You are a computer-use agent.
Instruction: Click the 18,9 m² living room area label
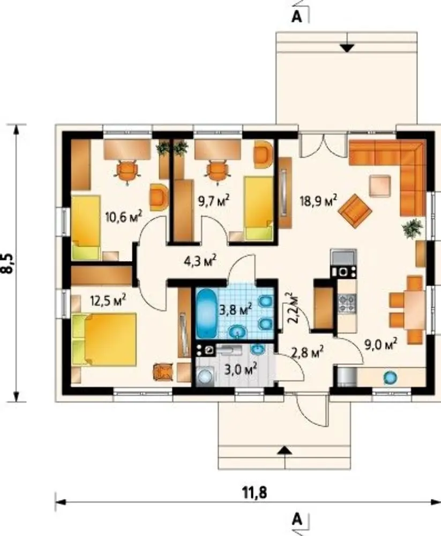coord(319,200)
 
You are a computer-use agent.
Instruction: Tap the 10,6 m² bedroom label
coord(123,217)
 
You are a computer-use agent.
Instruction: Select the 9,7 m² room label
coord(214,200)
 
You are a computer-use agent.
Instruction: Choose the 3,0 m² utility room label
coord(240,369)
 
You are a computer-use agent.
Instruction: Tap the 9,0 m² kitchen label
coord(380,344)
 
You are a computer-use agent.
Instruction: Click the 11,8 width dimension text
coord(255,493)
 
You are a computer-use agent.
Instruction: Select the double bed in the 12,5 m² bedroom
coord(104,339)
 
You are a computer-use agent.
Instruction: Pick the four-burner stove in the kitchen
coord(347,303)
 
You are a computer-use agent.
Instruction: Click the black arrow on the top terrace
coord(347,48)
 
